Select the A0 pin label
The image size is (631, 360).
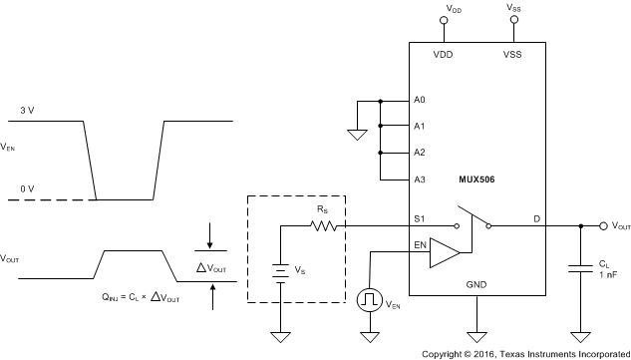pyautogui.click(x=419, y=101)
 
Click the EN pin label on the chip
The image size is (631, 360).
pyautogui.click(x=420, y=243)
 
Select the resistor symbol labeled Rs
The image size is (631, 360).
pyautogui.click(x=324, y=226)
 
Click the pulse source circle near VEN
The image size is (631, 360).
pyautogui.click(x=370, y=298)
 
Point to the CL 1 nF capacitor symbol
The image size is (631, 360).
pyautogui.click(x=578, y=270)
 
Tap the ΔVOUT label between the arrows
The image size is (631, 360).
pyautogui.click(x=212, y=268)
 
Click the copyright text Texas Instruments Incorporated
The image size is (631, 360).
pyautogui.click(x=525, y=352)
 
